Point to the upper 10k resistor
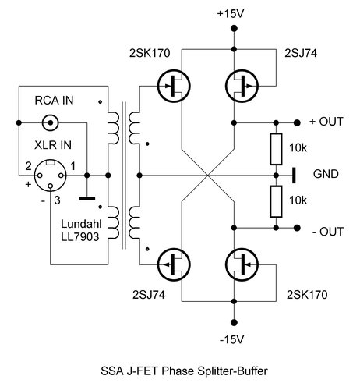(276, 149)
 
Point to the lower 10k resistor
(276, 200)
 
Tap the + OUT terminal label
(325, 122)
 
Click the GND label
(325, 174)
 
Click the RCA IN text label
(55, 100)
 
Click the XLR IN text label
(55, 147)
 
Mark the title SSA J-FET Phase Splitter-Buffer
(180, 373)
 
